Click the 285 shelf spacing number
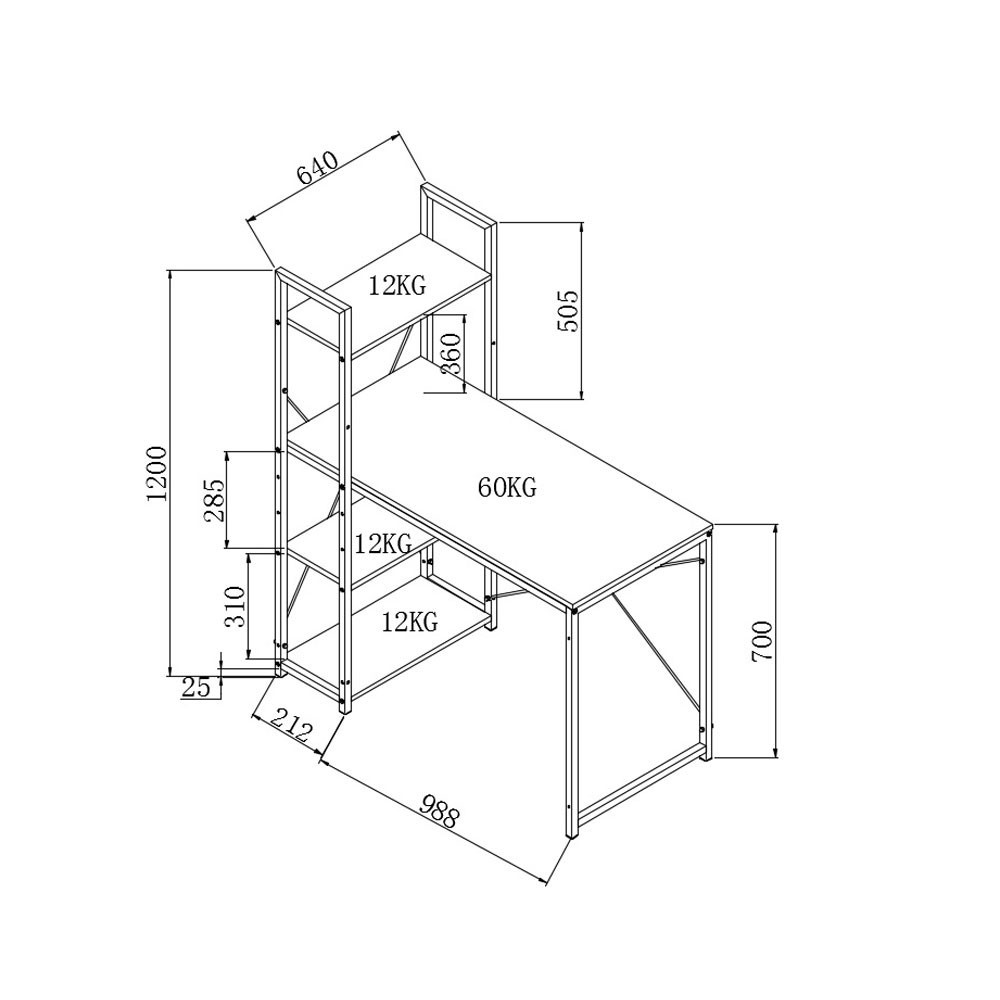(x=214, y=500)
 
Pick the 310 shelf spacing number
(x=236, y=606)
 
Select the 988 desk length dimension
(x=439, y=811)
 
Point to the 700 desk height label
(x=762, y=641)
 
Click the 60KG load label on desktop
(x=507, y=488)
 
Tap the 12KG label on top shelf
(x=396, y=286)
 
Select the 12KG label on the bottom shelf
(x=409, y=623)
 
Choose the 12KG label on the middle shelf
(x=383, y=545)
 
